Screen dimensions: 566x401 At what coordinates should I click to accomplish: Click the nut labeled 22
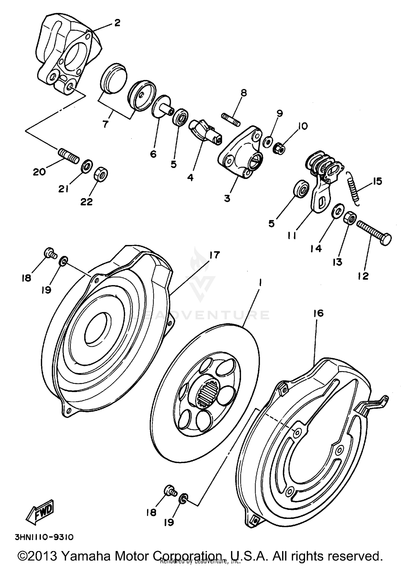tap(101, 175)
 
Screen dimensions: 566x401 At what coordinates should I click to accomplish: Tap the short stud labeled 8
tap(231, 119)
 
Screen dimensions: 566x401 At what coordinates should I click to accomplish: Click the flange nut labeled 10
tap(279, 147)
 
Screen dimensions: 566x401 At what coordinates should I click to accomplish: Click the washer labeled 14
tap(337, 211)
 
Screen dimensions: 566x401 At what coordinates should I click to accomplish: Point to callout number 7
tap(106, 124)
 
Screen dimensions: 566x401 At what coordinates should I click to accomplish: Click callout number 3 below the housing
tap(227, 199)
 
